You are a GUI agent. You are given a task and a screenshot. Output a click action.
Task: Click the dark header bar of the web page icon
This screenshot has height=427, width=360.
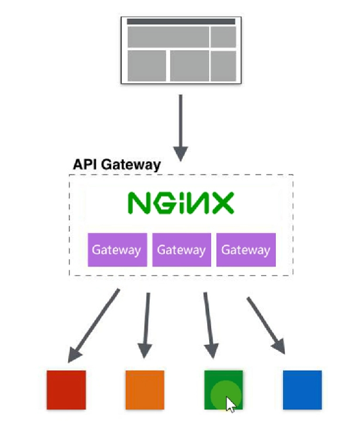pyautogui.click(x=180, y=21)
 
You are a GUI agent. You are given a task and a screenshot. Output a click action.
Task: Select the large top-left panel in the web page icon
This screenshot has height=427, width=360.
pyautogui.click(x=167, y=37)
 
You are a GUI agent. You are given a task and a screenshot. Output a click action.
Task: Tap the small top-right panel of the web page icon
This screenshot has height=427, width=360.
pyautogui.click(x=223, y=37)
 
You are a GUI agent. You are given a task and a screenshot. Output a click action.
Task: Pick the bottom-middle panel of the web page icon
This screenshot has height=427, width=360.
pyautogui.click(x=189, y=65)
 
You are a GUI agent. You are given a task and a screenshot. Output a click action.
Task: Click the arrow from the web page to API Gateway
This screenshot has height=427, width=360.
pyautogui.click(x=180, y=128)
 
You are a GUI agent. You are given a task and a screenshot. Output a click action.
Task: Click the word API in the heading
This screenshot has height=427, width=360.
pyautogui.click(x=84, y=164)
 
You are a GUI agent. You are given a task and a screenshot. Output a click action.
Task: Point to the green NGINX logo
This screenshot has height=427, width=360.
pyautogui.click(x=181, y=203)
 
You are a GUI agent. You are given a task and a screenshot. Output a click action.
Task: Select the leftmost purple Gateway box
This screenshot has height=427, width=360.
pyautogui.click(x=116, y=250)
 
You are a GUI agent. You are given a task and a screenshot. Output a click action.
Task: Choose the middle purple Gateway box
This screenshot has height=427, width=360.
pyautogui.click(x=182, y=250)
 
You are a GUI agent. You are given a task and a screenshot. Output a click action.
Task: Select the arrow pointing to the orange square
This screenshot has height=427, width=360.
pyautogui.click(x=146, y=325)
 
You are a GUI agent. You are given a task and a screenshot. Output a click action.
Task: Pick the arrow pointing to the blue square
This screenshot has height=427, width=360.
pyautogui.click(x=266, y=324)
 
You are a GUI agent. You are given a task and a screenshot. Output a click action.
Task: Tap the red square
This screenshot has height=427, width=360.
pyautogui.click(x=66, y=390)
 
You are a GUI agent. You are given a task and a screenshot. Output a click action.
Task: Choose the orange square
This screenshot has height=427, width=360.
pyautogui.click(x=144, y=390)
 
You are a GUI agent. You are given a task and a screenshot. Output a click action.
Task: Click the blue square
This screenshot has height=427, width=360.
pyautogui.click(x=302, y=390)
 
